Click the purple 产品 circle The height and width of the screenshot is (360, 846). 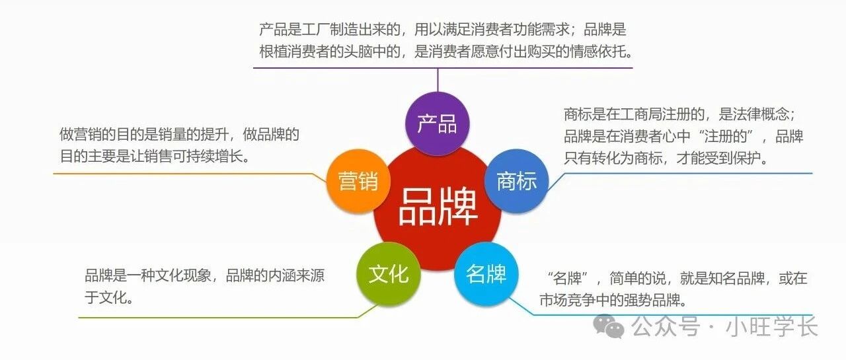click(x=438, y=124)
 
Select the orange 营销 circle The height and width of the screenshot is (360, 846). click(x=358, y=181)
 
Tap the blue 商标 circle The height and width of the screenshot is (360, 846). click(x=516, y=181)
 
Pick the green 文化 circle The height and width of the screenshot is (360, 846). click(x=388, y=274)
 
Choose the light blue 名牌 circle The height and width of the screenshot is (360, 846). click(x=486, y=274)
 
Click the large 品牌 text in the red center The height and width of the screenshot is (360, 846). click(x=438, y=207)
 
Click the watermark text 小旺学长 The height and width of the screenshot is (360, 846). click(x=771, y=326)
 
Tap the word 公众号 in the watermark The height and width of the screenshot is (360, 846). click(x=666, y=326)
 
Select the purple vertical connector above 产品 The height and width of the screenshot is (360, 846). click(x=438, y=80)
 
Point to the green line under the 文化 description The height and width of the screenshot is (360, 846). click(x=218, y=318)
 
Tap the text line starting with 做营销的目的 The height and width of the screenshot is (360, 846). click(x=179, y=134)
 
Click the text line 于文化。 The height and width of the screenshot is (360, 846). click(x=109, y=298)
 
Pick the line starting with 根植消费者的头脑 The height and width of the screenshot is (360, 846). click(x=446, y=52)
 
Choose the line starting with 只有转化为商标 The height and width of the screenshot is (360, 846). click(x=666, y=158)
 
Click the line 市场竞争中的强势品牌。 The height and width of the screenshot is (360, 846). click(x=613, y=301)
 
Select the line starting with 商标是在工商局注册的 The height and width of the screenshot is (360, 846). click(x=680, y=114)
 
